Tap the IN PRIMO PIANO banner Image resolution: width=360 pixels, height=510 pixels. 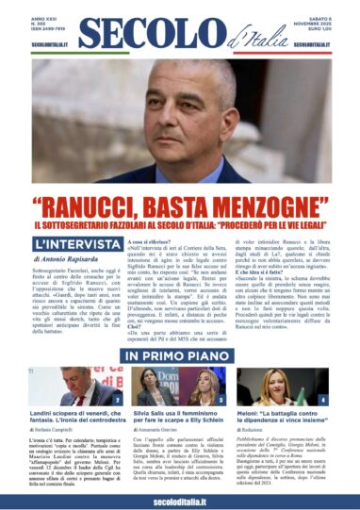179,355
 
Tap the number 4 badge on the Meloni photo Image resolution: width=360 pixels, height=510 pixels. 321,400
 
